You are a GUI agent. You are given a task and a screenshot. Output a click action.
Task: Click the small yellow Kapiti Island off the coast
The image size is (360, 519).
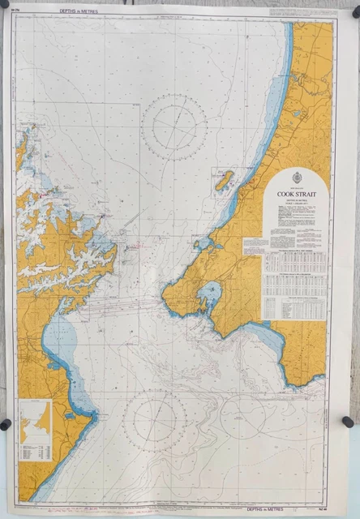pyautogui.click(x=225, y=180)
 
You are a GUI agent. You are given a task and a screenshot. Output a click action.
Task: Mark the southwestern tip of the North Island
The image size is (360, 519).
pyautogui.click(x=165, y=302)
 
